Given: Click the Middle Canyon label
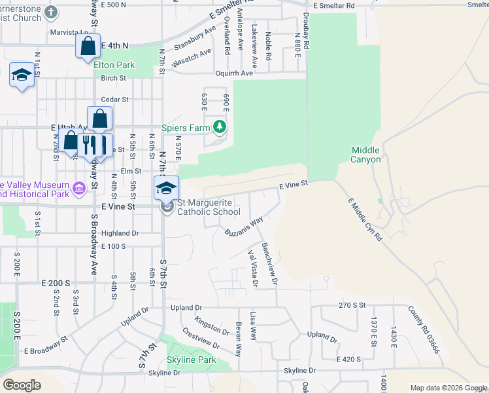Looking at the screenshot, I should tap(365, 155).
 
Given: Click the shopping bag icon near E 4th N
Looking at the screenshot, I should tap(87, 47).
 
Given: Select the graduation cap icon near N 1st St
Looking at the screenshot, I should tap(22, 75).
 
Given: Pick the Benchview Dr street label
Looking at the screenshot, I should tap(270, 264).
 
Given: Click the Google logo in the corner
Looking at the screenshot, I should tap(22, 384).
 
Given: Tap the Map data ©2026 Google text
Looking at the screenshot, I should tap(448, 388).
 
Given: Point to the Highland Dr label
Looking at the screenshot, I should tap(120, 233).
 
